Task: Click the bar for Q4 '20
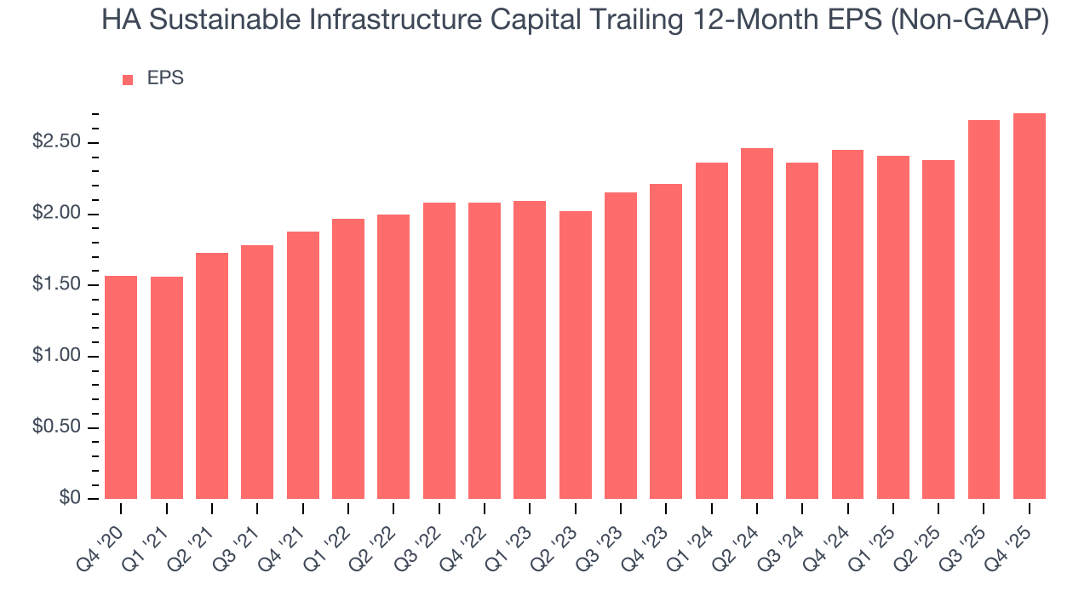click(x=121, y=387)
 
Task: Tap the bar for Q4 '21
click(x=303, y=365)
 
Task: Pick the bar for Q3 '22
click(x=439, y=351)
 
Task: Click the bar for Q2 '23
click(x=576, y=355)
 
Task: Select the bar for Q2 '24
click(x=757, y=324)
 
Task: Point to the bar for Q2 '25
click(x=938, y=329)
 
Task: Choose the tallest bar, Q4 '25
click(x=1030, y=306)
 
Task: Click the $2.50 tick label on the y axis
click(x=56, y=142)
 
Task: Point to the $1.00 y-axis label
click(x=56, y=356)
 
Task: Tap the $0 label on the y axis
click(x=70, y=499)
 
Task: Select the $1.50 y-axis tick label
click(x=56, y=284)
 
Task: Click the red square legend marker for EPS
click(x=128, y=80)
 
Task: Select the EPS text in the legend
click(x=165, y=79)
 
